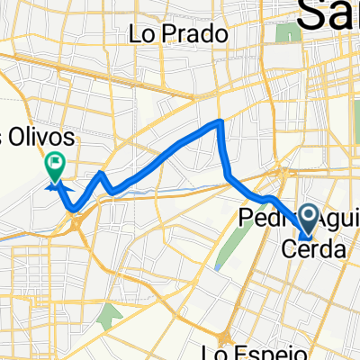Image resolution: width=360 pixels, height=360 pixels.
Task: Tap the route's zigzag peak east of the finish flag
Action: coord(102,172)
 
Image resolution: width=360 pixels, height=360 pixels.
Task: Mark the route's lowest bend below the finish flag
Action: coord(72,209)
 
